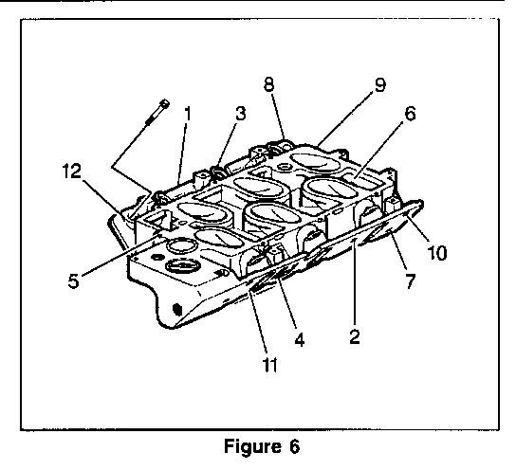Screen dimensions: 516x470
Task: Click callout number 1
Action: (188, 114)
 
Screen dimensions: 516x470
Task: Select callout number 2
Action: (355, 336)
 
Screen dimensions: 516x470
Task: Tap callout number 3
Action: (240, 113)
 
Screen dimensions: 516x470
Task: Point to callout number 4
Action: (299, 339)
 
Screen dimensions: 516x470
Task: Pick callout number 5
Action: (74, 280)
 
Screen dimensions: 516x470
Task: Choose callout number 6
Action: (410, 114)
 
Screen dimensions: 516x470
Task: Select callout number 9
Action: (379, 84)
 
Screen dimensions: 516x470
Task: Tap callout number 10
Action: (436, 252)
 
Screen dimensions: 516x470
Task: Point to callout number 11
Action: (269, 364)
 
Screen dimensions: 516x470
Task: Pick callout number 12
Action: (71, 171)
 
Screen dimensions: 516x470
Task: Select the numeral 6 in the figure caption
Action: (295, 446)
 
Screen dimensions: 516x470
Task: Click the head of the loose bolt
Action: (164, 104)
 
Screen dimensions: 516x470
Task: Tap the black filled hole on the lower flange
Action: (177, 309)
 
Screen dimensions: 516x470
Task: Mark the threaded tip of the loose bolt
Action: (148, 122)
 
